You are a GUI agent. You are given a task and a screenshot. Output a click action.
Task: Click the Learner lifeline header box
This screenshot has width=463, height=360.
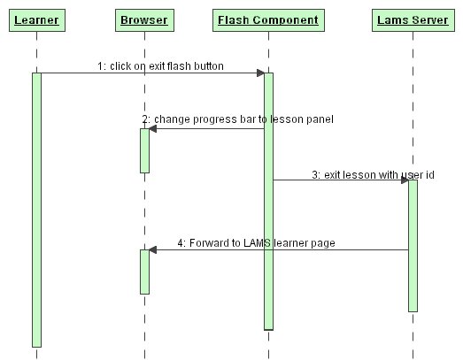[x=37, y=20]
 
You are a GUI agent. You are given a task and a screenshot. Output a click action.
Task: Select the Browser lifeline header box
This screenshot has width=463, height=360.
[x=144, y=20]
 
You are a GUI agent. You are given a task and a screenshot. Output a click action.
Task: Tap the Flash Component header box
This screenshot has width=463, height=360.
[x=268, y=20]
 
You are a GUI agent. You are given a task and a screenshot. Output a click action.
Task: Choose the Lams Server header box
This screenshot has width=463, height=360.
[x=413, y=20]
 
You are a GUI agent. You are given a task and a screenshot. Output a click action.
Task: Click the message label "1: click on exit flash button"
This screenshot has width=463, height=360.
[x=160, y=66]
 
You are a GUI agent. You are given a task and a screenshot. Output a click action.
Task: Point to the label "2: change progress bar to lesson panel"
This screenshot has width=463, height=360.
[x=238, y=119]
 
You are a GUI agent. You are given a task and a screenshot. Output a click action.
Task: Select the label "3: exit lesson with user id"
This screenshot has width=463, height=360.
[x=373, y=174]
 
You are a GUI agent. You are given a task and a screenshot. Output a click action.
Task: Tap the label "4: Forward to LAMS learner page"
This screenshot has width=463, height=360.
[x=256, y=243]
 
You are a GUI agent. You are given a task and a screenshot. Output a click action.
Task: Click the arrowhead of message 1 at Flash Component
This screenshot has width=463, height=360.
[x=260, y=73]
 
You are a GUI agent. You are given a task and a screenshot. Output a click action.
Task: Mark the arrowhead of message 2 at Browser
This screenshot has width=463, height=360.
[x=152, y=128]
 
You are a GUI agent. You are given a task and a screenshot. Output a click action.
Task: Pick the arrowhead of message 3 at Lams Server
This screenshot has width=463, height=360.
[x=405, y=180]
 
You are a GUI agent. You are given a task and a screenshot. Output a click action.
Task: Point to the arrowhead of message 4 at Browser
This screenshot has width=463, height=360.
[x=152, y=250]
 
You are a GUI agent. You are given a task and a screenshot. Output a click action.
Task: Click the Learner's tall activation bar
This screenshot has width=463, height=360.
[x=36, y=210]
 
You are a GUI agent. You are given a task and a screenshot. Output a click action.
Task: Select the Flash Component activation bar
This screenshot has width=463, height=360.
[x=269, y=202]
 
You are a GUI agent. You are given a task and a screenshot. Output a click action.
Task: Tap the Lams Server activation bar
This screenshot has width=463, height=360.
[x=413, y=246]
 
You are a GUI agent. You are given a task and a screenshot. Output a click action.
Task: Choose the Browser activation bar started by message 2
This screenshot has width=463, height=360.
[x=144, y=150]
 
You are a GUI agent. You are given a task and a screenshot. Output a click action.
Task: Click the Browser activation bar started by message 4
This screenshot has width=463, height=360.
[x=144, y=272]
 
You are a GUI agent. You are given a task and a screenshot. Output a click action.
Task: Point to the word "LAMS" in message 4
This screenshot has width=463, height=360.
[x=257, y=243]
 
